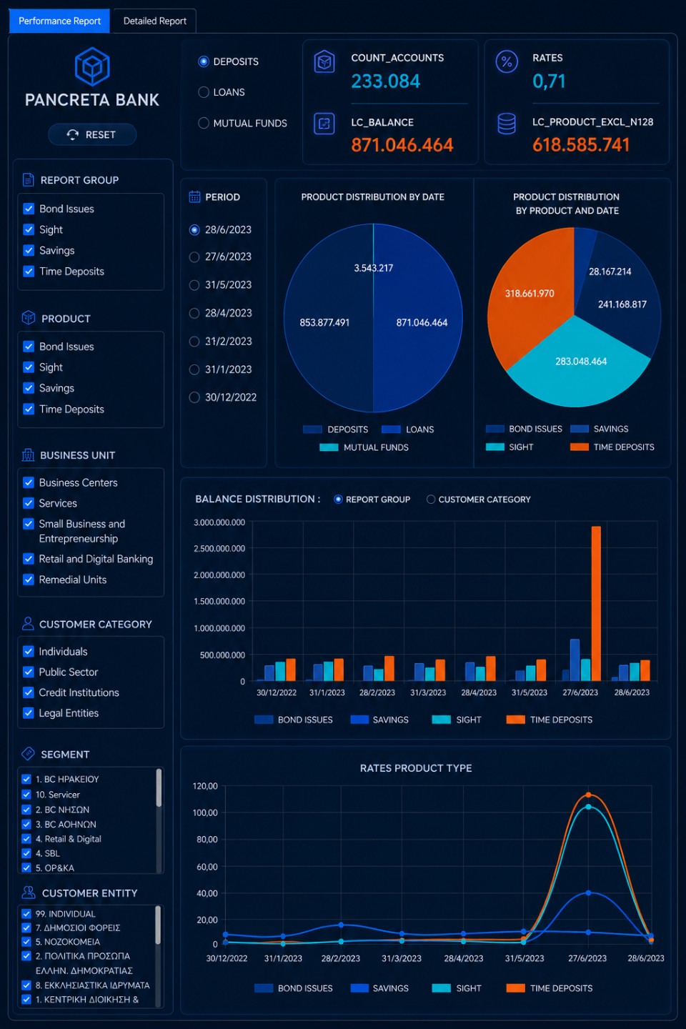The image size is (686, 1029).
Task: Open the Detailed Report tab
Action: click(x=155, y=21)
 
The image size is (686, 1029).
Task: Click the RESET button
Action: click(x=92, y=134)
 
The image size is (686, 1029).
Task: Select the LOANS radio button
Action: click(x=204, y=92)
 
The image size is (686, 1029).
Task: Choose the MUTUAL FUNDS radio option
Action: click(x=204, y=123)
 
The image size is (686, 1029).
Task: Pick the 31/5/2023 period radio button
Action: click(x=194, y=285)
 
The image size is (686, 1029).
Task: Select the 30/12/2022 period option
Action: click(x=194, y=397)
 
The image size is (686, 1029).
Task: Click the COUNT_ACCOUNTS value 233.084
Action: click(x=385, y=81)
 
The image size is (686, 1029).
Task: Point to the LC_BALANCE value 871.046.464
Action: click(x=402, y=145)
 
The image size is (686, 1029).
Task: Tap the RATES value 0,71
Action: click(x=549, y=81)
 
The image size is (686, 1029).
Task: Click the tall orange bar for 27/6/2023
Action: click(x=596, y=604)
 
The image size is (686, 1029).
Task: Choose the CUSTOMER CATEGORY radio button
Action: click(x=430, y=499)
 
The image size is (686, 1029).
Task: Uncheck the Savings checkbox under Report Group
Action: click(x=29, y=250)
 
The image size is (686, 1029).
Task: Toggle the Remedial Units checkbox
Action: click(x=29, y=580)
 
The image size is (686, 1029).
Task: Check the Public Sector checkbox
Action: click(x=29, y=672)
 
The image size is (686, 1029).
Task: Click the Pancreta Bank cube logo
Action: click(x=92, y=66)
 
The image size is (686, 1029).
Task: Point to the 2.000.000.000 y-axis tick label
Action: click(x=219, y=575)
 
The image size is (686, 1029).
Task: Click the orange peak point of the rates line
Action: click(x=589, y=795)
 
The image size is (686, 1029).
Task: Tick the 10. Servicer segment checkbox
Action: click(x=26, y=795)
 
